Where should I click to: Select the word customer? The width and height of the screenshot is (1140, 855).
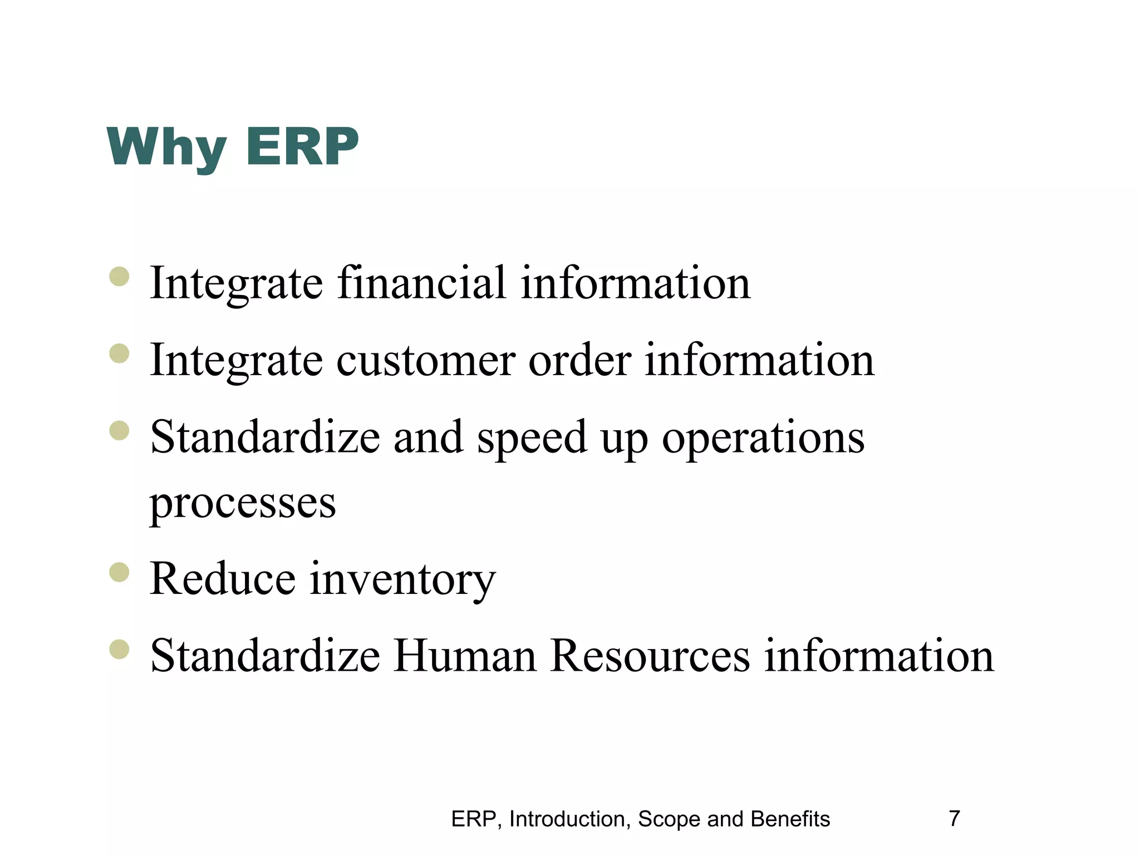coord(426,360)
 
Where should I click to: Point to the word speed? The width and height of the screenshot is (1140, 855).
coord(532,438)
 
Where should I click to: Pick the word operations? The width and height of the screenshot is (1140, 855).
coord(763,438)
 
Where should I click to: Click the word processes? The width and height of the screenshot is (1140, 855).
coord(243,503)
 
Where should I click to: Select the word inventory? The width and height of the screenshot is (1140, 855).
coord(402,579)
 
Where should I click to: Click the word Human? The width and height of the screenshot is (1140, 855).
coord(465,656)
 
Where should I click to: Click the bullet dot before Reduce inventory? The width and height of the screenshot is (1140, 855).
coord(119,572)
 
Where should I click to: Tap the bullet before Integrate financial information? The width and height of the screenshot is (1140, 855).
coord(119,277)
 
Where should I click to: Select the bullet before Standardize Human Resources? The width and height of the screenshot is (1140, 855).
coord(119,649)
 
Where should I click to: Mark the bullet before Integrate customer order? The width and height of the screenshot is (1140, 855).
coord(119,353)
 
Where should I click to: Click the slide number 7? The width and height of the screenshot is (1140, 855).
coord(954,819)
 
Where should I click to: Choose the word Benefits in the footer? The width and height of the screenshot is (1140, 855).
coord(790,819)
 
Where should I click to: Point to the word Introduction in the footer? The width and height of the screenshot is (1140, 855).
coord(569,819)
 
